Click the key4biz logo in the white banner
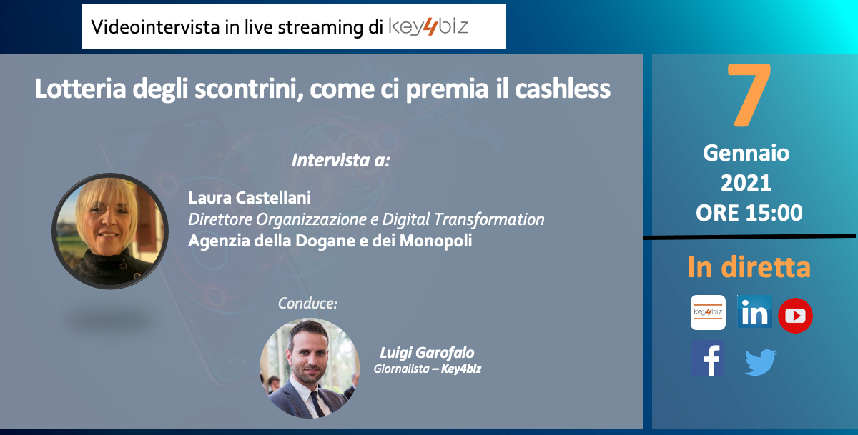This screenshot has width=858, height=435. click(x=428, y=26)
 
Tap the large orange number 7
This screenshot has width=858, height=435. click(x=749, y=94)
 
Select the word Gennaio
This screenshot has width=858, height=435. click(x=746, y=153)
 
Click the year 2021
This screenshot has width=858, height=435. click(x=746, y=183)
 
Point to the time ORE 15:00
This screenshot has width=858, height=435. click(x=749, y=213)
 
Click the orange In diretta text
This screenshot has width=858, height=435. click(x=749, y=266)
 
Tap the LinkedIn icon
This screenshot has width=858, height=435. click(x=754, y=311)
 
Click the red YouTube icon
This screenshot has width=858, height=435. click(x=795, y=316)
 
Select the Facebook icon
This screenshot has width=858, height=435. click(x=707, y=358)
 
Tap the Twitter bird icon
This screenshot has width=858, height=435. click(x=761, y=361)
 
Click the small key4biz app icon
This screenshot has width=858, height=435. click(x=708, y=312)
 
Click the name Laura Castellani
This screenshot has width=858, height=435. click(x=250, y=198)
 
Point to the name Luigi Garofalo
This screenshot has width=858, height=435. click(x=427, y=352)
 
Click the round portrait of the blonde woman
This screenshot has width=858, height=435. click(x=110, y=231)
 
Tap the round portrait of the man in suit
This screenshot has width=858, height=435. click(x=310, y=368)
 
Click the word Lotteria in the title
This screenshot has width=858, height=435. click(x=80, y=89)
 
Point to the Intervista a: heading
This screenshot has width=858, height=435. click(x=340, y=160)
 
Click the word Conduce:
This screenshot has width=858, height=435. click(x=307, y=304)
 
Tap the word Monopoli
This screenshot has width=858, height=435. click(x=435, y=241)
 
